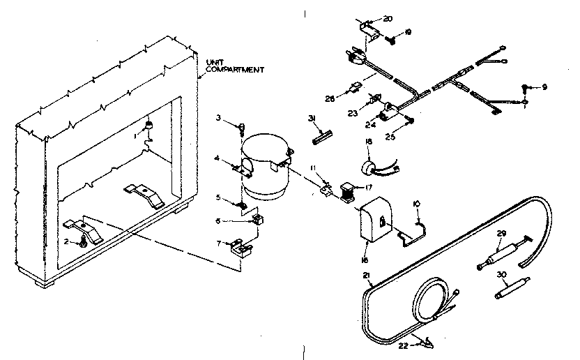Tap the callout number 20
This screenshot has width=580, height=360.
coord(388,19)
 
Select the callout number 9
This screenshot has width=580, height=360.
coord(545,87)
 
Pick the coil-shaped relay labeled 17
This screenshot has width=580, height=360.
coord(346,191)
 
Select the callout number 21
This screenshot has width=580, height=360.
coord(366,276)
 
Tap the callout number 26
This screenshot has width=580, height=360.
coord(329,99)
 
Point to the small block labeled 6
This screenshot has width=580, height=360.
coord(258,220)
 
